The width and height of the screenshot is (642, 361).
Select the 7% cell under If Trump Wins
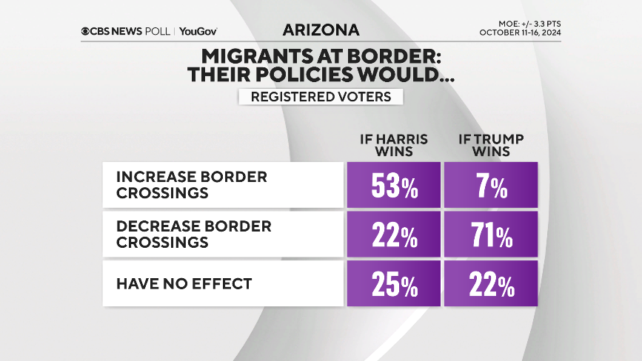[490, 186]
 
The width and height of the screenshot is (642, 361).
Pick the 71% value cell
[490, 235]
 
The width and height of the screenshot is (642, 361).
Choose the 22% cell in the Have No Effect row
[490, 283]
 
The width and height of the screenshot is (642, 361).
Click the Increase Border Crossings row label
[191, 185]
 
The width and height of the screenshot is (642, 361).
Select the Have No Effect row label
[184, 283]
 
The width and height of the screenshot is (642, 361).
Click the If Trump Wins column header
[490, 145]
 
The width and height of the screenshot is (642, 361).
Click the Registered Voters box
[321, 97]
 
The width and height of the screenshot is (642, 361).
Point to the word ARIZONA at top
[321, 30]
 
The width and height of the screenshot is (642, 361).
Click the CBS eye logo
[87, 32]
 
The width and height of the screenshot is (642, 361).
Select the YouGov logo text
[198, 32]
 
